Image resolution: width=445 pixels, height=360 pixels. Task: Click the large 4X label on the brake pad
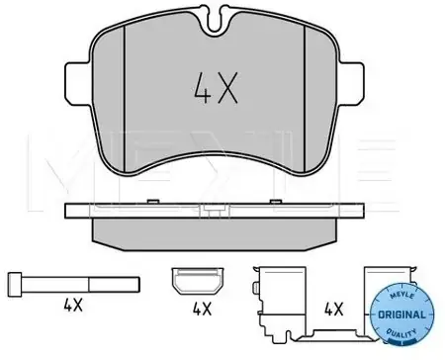[216, 88]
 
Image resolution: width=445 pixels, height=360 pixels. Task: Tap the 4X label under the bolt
[73, 305]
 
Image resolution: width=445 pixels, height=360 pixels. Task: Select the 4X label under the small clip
[202, 309]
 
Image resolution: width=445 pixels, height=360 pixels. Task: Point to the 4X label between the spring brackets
[334, 309]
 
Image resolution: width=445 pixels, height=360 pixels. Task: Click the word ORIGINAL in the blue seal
[401, 315]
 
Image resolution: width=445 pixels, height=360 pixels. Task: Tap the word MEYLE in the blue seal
[401, 295]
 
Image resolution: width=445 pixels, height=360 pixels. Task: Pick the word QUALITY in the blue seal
[401, 332]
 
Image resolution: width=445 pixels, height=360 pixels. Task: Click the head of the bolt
[15, 285]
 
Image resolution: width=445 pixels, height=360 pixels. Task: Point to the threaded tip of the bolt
[114, 285]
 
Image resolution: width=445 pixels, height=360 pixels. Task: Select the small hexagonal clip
[198, 281]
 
